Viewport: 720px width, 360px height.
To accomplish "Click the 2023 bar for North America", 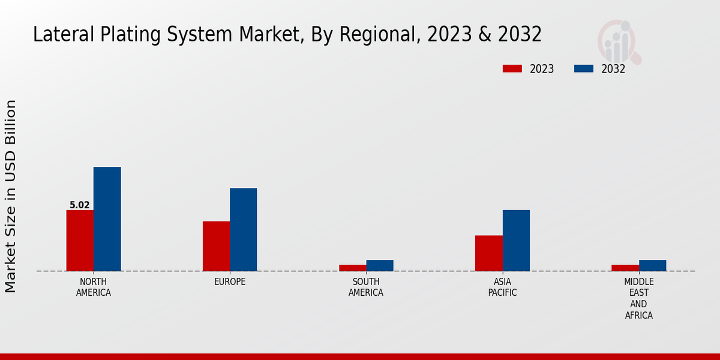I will pyautogui.click(x=80, y=240).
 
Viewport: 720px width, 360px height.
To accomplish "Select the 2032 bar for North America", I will pyautogui.click(x=107, y=218).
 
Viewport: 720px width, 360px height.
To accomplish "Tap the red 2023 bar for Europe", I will pyautogui.click(x=216, y=246).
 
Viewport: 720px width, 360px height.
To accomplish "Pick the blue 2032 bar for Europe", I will pyautogui.click(x=243, y=229).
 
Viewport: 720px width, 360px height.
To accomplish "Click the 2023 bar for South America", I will pyautogui.click(x=352, y=268).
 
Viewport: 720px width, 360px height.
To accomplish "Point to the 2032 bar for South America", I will pyautogui.click(x=380, y=265).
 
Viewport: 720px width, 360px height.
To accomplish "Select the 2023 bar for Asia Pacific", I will pyautogui.click(x=488, y=253).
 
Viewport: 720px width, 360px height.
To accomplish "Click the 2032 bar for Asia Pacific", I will pyautogui.click(x=516, y=240).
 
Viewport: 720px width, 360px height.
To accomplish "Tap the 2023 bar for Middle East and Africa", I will pyautogui.click(x=625, y=268).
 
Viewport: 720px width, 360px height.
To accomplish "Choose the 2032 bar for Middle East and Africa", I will pyautogui.click(x=652, y=265).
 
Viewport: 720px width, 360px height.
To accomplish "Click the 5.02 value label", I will pyautogui.click(x=80, y=205).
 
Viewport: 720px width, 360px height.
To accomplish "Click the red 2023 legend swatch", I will pyautogui.click(x=512, y=68).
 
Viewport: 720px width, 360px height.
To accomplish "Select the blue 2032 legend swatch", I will pyautogui.click(x=584, y=68).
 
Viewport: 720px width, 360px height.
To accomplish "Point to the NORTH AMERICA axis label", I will pyautogui.click(x=94, y=287).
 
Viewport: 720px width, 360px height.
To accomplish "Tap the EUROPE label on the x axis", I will pyautogui.click(x=230, y=282).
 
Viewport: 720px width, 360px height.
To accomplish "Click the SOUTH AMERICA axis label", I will pyautogui.click(x=366, y=287).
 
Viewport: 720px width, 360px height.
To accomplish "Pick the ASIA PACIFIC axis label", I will pyautogui.click(x=502, y=287).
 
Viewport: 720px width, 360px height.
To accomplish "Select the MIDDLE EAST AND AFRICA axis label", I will pyautogui.click(x=639, y=298).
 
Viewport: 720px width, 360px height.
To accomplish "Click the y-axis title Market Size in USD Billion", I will pyautogui.click(x=11, y=196).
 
